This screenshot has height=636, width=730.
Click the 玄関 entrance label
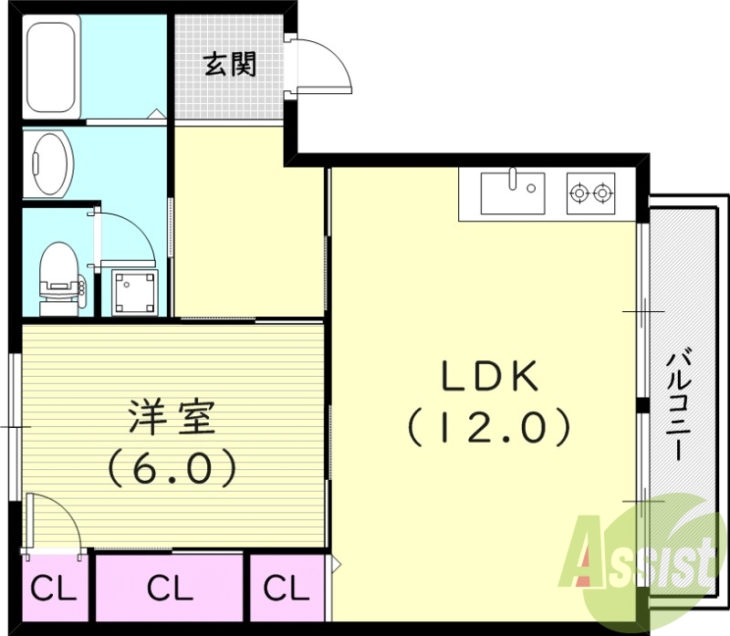click(x=229, y=65)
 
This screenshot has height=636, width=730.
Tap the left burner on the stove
click(x=578, y=193)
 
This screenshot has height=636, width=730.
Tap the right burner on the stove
click(x=601, y=193)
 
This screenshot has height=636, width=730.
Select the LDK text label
click(x=491, y=376)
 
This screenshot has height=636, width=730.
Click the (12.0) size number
click(x=490, y=425)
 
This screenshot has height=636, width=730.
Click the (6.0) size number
click(x=172, y=469)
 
